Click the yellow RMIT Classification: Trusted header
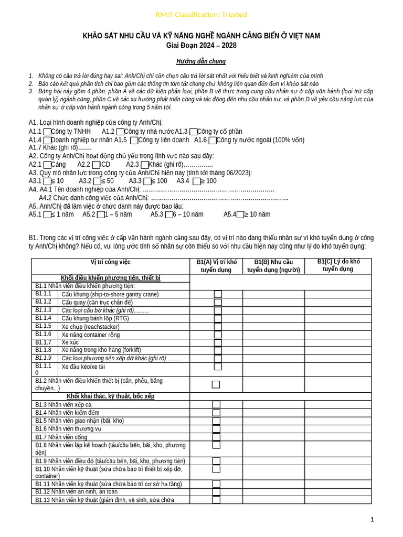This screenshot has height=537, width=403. pyautogui.click(x=201, y=15)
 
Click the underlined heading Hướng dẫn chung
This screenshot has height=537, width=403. pyautogui.click(x=201, y=61)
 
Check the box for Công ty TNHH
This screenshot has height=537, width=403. pyautogui.click(x=47, y=132)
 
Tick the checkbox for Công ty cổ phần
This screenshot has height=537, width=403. pyautogui.click(x=193, y=132)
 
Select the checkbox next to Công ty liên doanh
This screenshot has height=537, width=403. pyautogui.click(x=134, y=141)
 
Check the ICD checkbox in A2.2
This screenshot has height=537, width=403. pyautogui.click(x=96, y=165)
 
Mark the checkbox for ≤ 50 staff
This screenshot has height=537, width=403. pyautogui.click(x=97, y=181)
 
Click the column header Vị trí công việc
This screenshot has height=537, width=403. pyautogui.click(x=110, y=262)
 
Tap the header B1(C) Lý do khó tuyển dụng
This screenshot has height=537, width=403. pyautogui.click(x=338, y=265)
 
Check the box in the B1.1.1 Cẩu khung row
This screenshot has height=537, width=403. pyautogui.click(x=218, y=294)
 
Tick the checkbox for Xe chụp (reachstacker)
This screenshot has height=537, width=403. pyautogui.click(x=218, y=326)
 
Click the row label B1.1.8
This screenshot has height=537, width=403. pyautogui.click(x=44, y=350)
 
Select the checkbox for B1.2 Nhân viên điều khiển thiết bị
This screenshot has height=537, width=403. pyautogui.click(x=216, y=384)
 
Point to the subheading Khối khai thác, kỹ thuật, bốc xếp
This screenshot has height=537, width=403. pyautogui.click(x=110, y=396)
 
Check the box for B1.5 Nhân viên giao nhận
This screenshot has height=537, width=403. pyautogui.click(x=216, y=421)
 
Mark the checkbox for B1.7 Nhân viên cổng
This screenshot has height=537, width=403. pyautogui.click(x=216, y=437)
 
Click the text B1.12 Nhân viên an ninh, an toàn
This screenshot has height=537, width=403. pyautogui.click(x=77, y=492)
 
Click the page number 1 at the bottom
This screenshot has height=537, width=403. pyautogui.click(x=372, y=520)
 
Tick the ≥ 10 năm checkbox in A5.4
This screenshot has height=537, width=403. pyautogui.click(x=240, y=214)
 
